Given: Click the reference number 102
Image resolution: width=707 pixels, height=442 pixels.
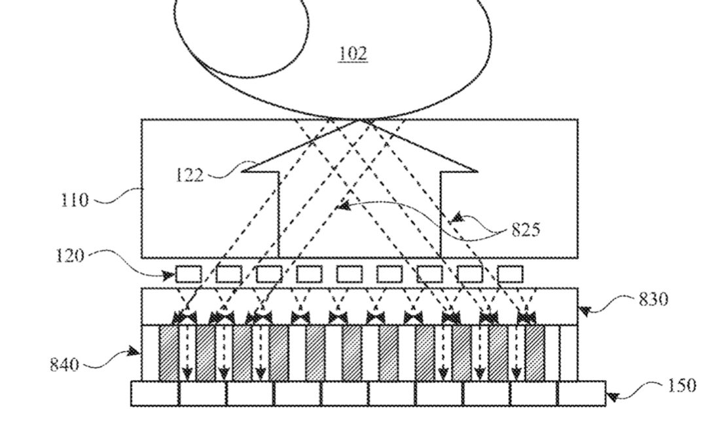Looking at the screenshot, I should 353,53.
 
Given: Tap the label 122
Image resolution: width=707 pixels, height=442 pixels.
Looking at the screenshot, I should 190,175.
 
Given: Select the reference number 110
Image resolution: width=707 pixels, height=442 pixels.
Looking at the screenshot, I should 74,200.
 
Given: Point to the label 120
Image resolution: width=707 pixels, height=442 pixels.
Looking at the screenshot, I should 70,255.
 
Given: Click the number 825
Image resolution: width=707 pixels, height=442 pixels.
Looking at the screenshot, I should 526,230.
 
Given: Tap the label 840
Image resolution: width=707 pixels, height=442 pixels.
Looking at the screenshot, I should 64,363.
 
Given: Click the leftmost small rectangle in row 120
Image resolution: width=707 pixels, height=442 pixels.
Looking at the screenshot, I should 189,274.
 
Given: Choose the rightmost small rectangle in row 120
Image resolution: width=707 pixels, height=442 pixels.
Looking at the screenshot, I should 510,274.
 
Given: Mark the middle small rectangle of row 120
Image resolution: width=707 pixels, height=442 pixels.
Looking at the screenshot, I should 349,274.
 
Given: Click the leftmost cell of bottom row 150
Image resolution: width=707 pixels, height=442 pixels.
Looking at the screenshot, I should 154,394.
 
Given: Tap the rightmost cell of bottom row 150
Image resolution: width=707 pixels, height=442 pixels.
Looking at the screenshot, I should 581,394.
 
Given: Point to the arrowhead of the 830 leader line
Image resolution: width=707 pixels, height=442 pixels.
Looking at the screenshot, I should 583,312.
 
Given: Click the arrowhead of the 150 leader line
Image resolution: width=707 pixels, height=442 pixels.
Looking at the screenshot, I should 611,396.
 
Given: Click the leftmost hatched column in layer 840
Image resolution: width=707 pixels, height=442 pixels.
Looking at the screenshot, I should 168,353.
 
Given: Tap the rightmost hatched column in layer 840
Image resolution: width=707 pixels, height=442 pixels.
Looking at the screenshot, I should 535,353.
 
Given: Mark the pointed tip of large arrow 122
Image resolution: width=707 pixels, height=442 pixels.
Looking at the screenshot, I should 359,120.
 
